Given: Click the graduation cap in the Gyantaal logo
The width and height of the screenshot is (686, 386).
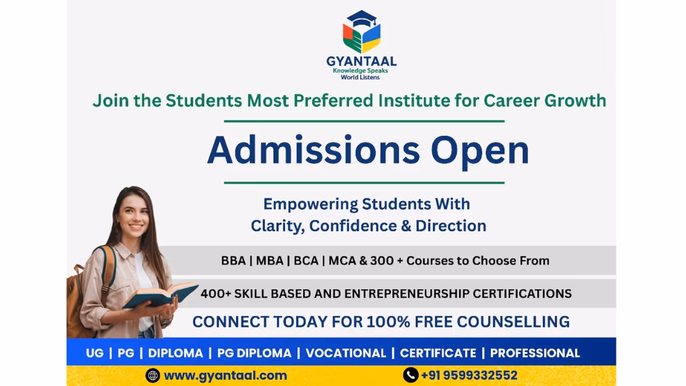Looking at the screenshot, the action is coord(362,18).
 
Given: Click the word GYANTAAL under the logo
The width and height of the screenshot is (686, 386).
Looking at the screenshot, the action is coord(361,61).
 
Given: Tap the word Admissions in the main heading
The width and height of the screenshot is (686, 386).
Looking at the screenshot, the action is coord(314,151).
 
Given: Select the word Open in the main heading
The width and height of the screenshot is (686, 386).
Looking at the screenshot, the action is coord(480,153).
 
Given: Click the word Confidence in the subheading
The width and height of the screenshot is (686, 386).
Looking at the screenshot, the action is coord(353,226).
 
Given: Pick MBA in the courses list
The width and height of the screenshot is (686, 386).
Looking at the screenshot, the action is coord(270,261).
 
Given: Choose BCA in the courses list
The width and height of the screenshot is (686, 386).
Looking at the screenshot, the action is coord(306,261).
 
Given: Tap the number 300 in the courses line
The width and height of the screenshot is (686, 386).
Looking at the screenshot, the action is coord(382,261).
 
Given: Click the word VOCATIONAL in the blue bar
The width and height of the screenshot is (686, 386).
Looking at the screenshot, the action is coord(346,353).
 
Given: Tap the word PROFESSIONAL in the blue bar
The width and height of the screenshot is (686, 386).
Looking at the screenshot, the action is coord(535,353).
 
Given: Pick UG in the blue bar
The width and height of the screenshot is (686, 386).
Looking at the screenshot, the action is coord(95,353).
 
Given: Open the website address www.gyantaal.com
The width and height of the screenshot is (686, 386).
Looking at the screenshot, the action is coord(226,375).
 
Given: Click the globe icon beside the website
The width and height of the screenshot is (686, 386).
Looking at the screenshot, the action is coord(153,375).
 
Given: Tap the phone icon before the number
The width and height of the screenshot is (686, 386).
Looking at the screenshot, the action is coord(411,375).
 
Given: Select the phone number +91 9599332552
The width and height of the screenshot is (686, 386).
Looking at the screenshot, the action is coord(469,375).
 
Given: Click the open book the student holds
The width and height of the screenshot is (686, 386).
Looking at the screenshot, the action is coord(160,295).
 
